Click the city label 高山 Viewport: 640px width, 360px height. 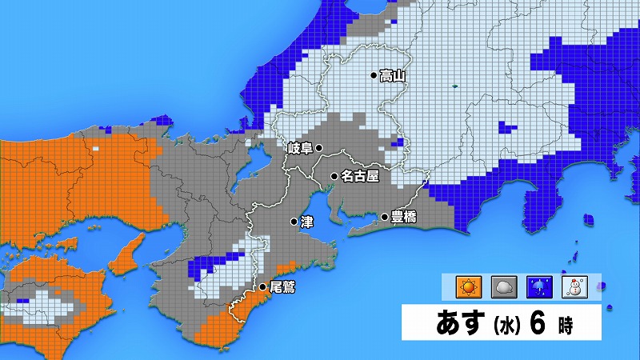click(x=393, y=76)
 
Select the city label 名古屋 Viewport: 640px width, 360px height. click(x=358, y=175)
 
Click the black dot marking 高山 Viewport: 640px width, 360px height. click(x=373, y=76)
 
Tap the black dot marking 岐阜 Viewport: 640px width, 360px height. click(x=318, y=148)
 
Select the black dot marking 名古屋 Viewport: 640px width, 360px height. click(x=334, y=175)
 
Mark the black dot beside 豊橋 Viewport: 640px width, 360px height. click(x=385, y=217)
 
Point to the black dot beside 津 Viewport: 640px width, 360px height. click(x=294, y=222)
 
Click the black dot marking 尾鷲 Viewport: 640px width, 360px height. click(x=262, y=286)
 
